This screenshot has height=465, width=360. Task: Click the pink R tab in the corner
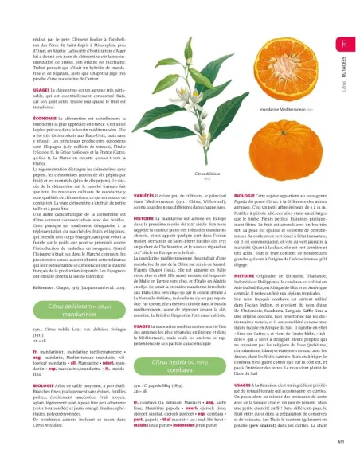(x=342, y=44)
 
